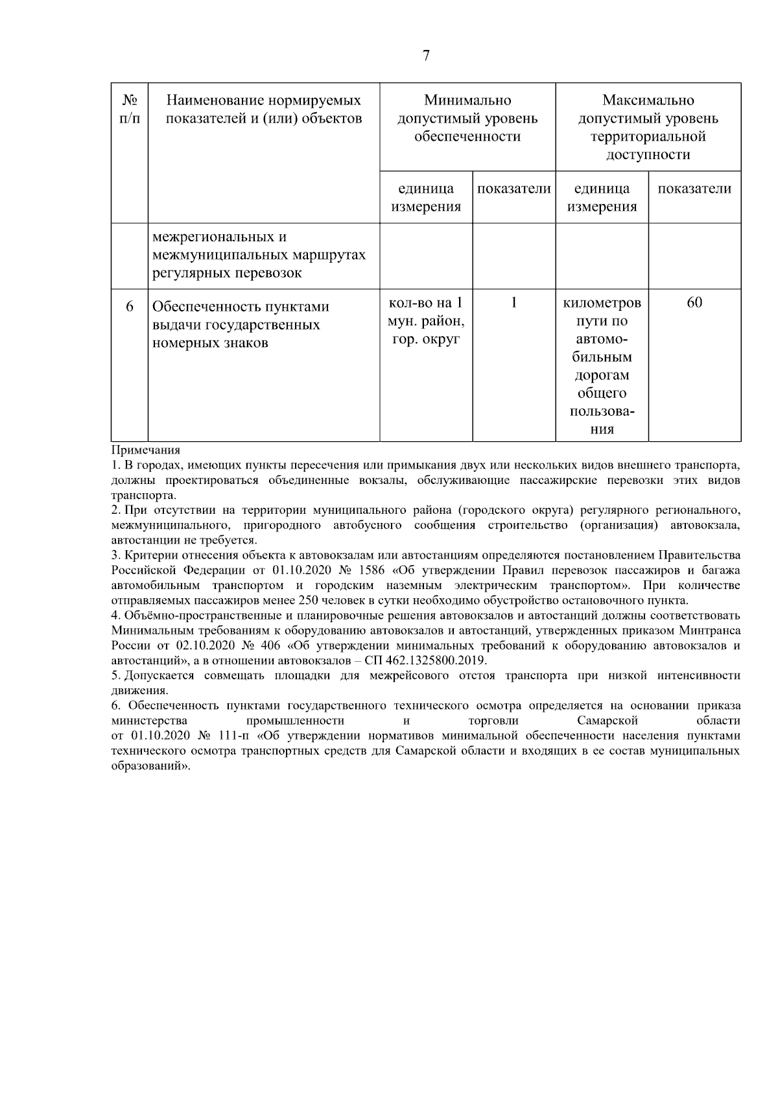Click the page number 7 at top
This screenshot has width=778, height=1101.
tap(426, 56)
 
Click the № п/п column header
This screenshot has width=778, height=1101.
tap(130, 110)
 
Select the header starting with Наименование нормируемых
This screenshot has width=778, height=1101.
tap(263, 110)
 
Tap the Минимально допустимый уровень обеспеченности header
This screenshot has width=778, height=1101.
tap(467, 118)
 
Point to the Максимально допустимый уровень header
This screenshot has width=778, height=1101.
tap(648, 127)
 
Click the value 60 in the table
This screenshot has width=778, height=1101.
tap(694, 303)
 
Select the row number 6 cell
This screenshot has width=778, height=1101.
tap(130, 306)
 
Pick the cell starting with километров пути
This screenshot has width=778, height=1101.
tap(602, 365)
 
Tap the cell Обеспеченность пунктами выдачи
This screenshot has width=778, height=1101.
tap(241, 324)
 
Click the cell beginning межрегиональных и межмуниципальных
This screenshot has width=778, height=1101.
tap(259, 254)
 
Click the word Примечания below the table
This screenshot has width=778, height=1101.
tap(146, 450)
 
